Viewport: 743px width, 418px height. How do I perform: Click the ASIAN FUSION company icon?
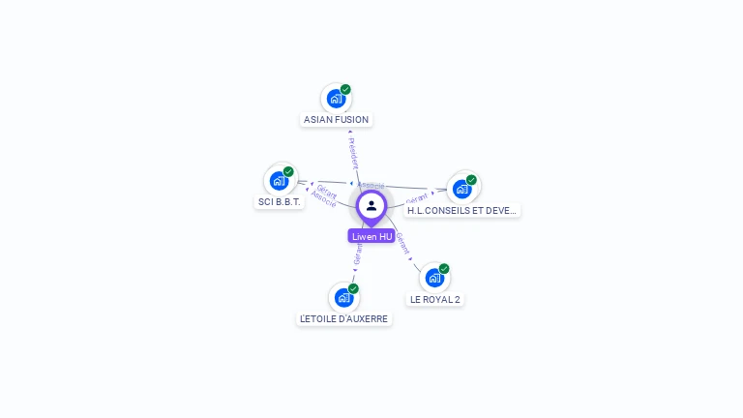click(x=336, y=98)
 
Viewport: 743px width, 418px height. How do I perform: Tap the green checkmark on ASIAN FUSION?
click(x=345, y=89)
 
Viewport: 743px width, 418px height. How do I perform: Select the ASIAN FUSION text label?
click(x=336, y=120)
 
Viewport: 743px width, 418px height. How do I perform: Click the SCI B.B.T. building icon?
click(x=280, y=180)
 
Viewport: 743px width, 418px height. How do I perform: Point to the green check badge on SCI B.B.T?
click(x=288, y=171)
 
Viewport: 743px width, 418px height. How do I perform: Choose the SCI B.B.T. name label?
click(x=280, y=202)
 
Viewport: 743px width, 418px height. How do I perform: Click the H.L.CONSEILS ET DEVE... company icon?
click(x=462, y=188)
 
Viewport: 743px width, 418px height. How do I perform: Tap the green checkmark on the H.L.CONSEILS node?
click(x=471, y=179)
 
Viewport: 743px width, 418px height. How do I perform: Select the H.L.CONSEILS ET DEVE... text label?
click(x=462, y=210)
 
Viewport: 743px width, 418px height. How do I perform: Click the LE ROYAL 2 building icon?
click(x=434, y=278)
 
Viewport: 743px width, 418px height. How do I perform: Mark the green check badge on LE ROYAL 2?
click(x=444, y=268)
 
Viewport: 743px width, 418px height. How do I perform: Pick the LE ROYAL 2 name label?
click(x=434, y=300)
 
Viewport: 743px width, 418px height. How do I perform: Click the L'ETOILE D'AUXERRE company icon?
click(x=343, y=297)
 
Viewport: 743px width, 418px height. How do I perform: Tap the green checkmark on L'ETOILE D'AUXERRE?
click(x=353, y=288)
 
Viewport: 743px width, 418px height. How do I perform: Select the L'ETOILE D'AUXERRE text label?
click(x=343, y=319)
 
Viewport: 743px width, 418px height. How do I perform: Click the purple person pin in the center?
click(x=371, y=206)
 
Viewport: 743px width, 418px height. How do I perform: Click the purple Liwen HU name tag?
click(x=371, y=236)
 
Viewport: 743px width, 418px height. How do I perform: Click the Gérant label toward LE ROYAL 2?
click(x=403, y=243)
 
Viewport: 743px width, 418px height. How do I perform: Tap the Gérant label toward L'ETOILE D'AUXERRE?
click(x=358, y=254)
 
